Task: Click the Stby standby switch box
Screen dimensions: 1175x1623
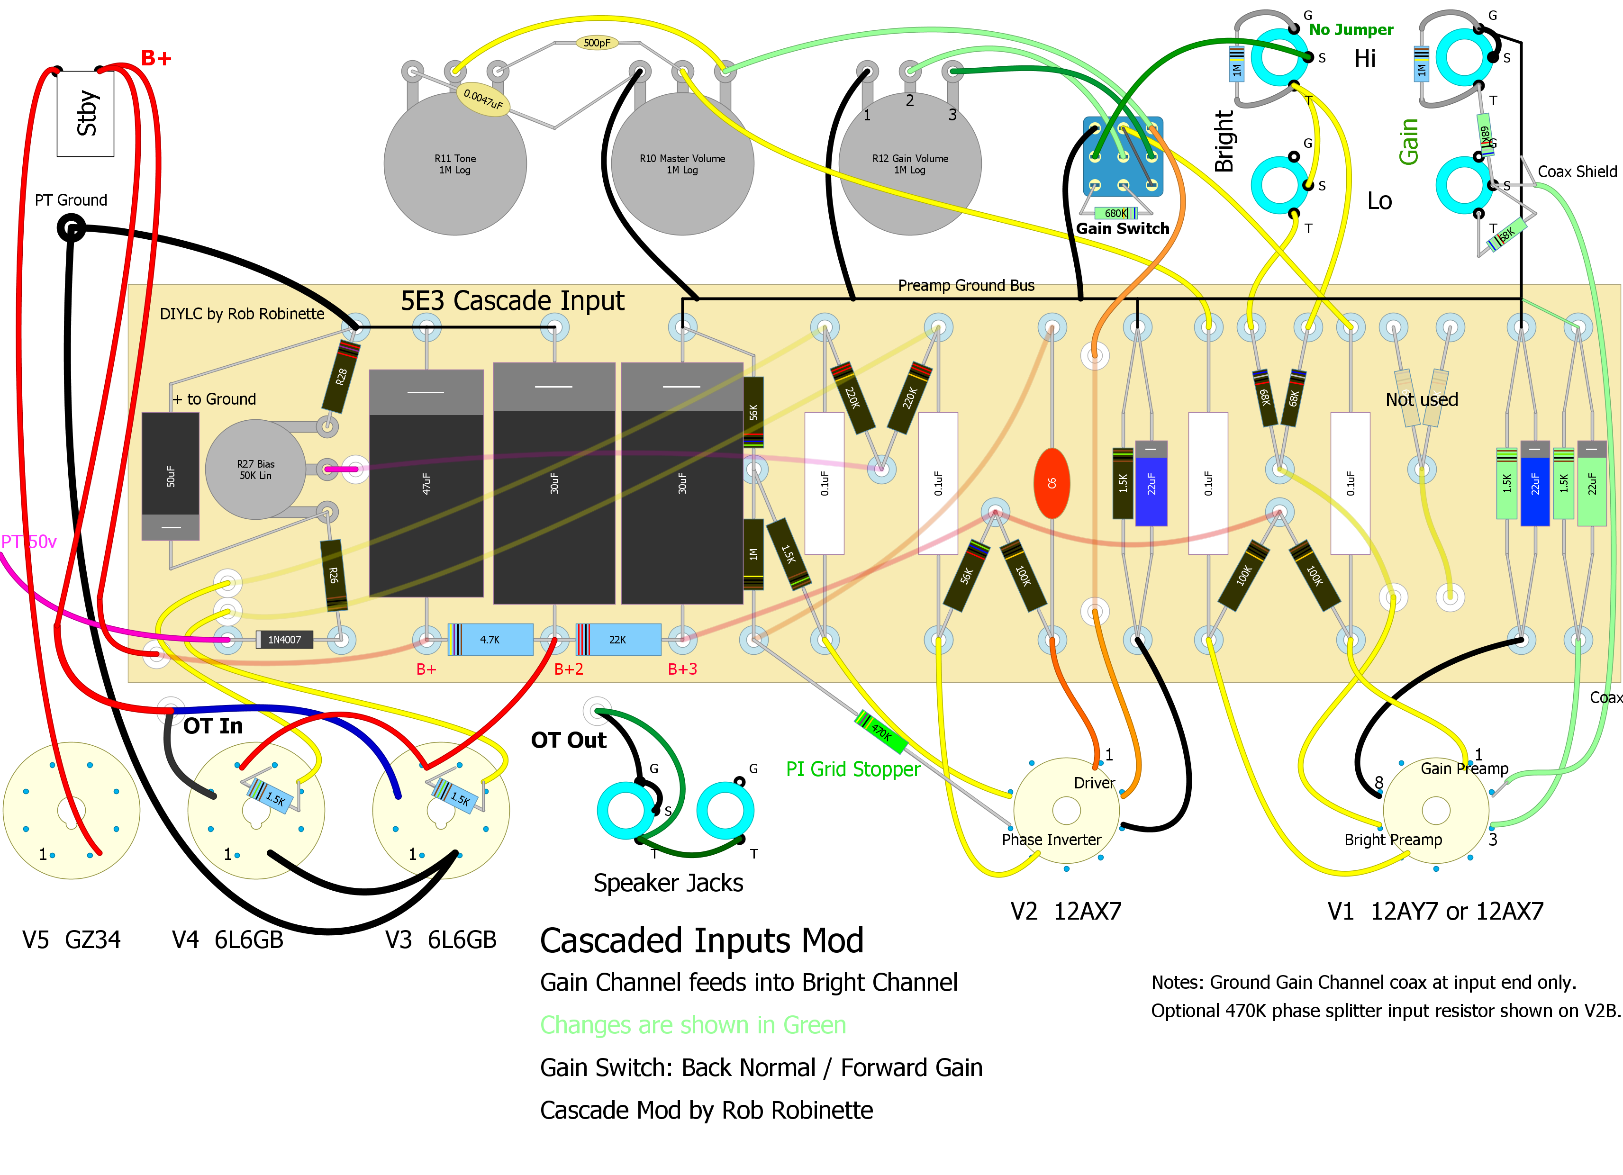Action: [85, 113]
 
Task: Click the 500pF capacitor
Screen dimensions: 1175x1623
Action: [597, 43]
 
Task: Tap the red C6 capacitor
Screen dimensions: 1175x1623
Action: [1051, 483]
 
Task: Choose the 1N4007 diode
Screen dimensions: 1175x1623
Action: [284, 640]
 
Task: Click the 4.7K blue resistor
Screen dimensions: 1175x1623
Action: [490, 640]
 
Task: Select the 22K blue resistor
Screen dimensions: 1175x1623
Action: [617, 640]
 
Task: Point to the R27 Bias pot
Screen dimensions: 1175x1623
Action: [255, 470]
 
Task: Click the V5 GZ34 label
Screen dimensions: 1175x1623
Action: [72, 940]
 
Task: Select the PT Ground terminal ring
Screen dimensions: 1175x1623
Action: [71, 229]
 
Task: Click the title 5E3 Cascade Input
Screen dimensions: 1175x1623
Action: [512, 300]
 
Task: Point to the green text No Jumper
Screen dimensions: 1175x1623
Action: [1351, 30]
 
